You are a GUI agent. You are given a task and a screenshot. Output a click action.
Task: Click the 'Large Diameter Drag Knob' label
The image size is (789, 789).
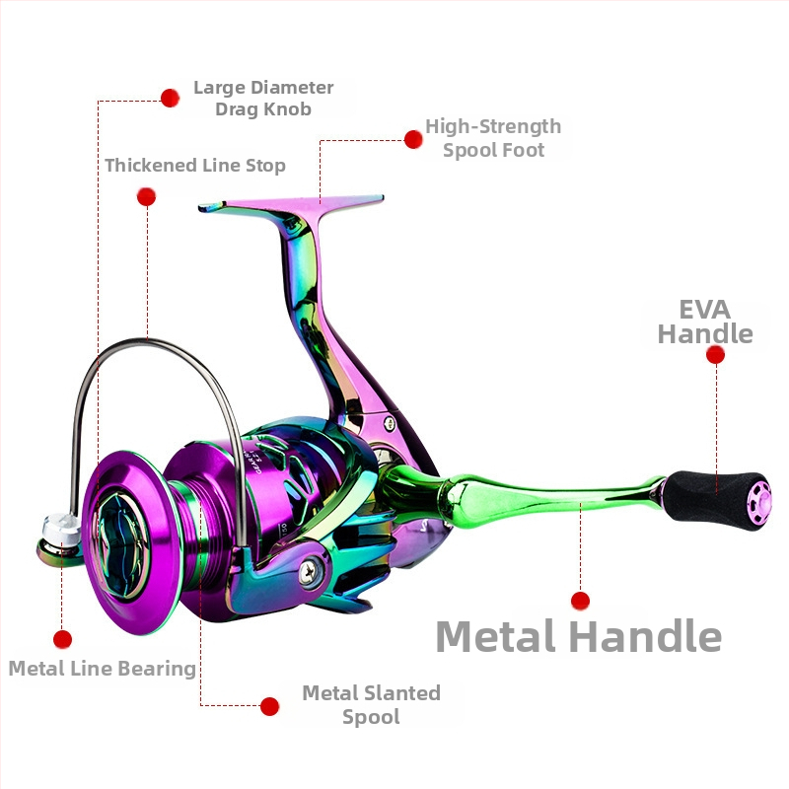263,98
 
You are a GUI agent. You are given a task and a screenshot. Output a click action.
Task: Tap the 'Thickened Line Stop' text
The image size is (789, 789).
195,166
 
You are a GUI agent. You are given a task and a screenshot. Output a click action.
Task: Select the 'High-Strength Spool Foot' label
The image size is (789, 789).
493,138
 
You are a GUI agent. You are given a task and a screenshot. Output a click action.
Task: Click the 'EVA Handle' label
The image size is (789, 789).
705,323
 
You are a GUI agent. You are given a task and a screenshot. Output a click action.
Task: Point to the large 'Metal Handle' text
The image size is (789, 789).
579,636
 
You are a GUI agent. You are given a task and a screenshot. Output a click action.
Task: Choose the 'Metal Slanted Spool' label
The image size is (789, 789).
372,704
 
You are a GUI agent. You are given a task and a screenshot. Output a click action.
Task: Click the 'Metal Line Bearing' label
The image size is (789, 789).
103,669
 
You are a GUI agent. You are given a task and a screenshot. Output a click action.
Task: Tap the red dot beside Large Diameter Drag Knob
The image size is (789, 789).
170,98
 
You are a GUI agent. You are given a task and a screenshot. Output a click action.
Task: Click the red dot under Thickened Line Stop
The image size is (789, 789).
146,196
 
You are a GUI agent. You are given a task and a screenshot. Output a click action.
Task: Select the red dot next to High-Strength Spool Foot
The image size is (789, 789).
413,139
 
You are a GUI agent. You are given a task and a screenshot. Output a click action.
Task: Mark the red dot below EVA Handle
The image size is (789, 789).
716,355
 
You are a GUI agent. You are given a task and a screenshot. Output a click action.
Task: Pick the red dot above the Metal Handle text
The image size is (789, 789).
580,601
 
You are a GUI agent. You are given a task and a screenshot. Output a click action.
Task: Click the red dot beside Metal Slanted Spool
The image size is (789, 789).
269,706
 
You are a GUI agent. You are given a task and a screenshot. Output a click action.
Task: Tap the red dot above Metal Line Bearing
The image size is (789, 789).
62,639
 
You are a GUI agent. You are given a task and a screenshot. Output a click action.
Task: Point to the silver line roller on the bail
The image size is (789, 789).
60,530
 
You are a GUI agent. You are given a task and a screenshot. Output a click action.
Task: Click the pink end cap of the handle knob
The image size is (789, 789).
758,502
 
